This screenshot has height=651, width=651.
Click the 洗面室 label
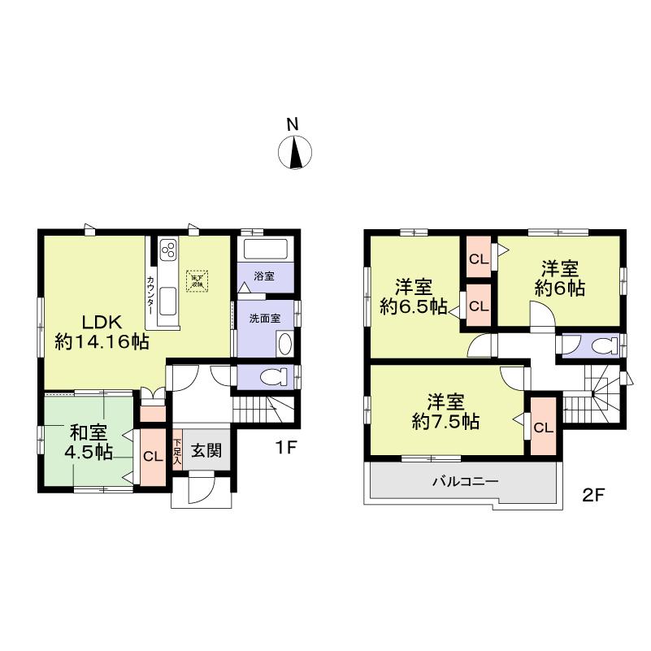(265, 319)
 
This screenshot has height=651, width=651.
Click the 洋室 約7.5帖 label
(445, 412)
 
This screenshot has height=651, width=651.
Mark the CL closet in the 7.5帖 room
(544, 427)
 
